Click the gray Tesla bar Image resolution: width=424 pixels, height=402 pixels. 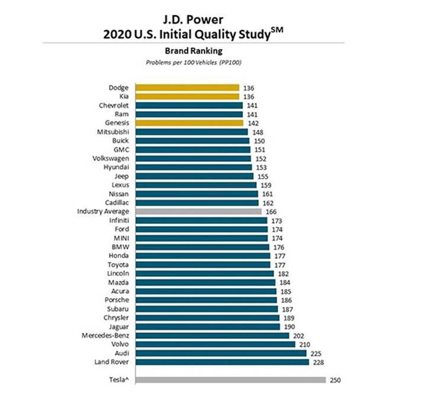(230, 380)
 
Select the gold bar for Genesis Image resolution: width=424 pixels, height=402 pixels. (189, 123)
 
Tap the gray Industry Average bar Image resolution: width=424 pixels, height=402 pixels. (198, 211)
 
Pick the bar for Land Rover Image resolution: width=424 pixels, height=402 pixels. (221, 362)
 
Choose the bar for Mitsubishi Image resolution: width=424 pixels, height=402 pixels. (191, 132)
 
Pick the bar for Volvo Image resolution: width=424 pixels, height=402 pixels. (215, 344)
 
